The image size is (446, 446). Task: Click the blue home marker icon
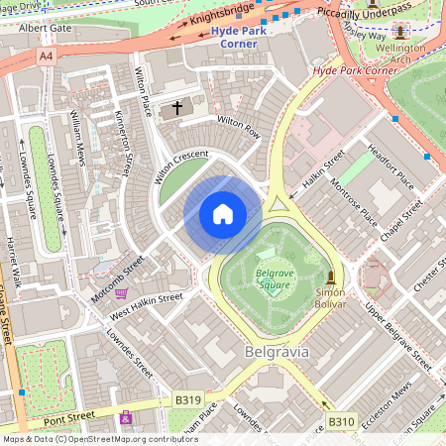click(x=223, y=214)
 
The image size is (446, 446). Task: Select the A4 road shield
click(x=46, y=57)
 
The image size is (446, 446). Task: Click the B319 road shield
click(x=188, y=399)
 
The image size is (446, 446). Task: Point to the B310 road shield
click(x=341, y=422)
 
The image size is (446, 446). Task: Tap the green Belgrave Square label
click(x=273, y=278)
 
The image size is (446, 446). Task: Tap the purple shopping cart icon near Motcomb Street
click(x=121, y=292)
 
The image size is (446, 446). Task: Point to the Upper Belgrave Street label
click(x=401, y=331)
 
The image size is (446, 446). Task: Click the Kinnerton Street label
click(x=123, y=144)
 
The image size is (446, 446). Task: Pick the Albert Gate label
click(x=45, y=28)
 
